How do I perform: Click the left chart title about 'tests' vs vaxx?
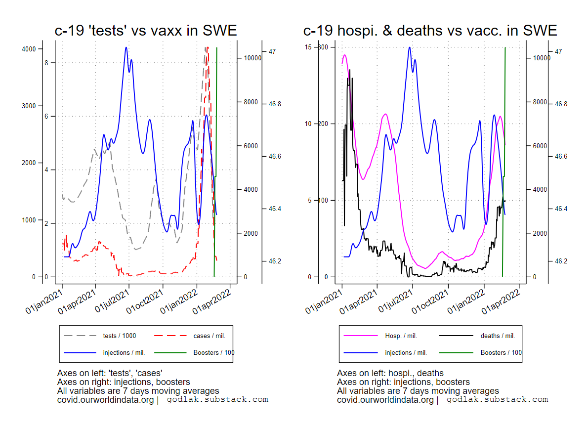point(146,31)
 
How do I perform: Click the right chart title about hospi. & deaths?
point(430,31)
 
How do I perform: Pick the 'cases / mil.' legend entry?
point(209,336)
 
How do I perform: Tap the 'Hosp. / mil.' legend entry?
point(401,336)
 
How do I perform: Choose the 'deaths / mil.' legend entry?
point(498,336)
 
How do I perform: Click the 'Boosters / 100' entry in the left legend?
point(214,353)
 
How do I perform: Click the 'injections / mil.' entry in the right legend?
point(406,353)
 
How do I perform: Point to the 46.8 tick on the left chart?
point(275,104)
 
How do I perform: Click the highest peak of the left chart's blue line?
point(126,47)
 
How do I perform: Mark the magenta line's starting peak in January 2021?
point(344,55)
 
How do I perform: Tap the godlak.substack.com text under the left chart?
point(217,399)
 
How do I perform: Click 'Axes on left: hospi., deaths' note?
point(390,373)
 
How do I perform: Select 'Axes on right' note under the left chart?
point(124,382)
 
